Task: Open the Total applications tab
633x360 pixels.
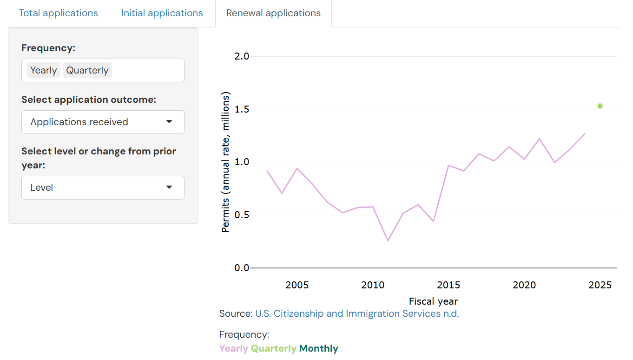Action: (58, 13)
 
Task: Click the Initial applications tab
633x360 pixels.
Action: (162, 13)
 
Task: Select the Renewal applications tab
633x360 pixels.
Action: (273, 13)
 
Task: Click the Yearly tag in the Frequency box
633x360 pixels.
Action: (44, 70)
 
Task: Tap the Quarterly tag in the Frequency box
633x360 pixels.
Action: (87, 70)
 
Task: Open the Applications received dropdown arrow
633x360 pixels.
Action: (169, 122)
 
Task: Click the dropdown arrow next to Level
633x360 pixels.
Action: (169, 187)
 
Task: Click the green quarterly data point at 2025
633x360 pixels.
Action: (600, 106)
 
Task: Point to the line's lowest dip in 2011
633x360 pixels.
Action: (388, 240)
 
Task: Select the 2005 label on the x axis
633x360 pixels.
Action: (297, 285)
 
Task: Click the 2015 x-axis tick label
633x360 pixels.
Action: (448, 285)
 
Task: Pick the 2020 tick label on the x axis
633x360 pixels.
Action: (524, 285)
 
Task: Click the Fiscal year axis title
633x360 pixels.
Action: (433, 301)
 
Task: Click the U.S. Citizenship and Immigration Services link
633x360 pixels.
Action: (357, 313)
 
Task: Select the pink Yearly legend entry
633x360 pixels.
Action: (233, 348)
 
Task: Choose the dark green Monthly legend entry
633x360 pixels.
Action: (318, 348)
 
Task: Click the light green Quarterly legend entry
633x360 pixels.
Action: (273, 348)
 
